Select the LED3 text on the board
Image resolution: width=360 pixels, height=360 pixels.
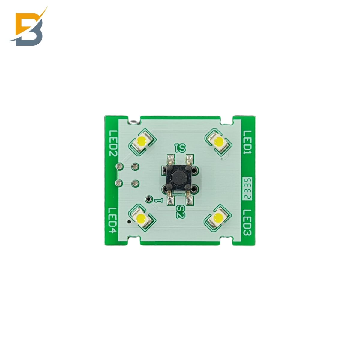(x=247, y=223)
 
